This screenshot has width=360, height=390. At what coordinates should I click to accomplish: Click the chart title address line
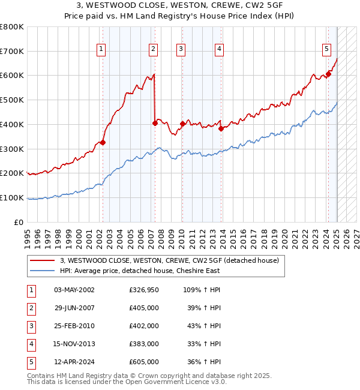click(x=179, y=5)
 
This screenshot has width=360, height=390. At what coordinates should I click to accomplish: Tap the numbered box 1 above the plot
click(x=101, y=49)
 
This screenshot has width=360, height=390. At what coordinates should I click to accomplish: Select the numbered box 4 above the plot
click(x=220, y=49)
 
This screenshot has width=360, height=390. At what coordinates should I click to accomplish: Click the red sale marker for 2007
click(x=155, y=123)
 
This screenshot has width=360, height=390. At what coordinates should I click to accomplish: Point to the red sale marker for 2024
click(x=328, y=74)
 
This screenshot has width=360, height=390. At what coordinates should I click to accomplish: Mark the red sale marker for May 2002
click(x=103, y=142)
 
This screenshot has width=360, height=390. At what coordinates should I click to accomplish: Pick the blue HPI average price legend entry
click(x=140, y=271)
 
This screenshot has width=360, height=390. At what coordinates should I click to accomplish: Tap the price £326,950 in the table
click(x=144, y=290)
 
